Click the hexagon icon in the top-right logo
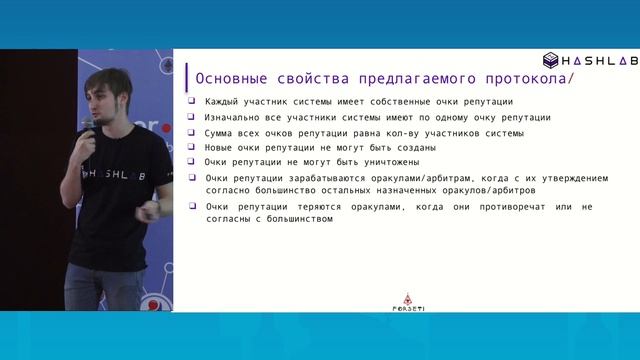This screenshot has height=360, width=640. pyautogui.click(x=551, y=60)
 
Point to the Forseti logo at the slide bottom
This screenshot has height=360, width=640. pyautogui.click(x=406, y=301)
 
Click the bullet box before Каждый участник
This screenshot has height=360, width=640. pyautogui.click(x=192, y=101)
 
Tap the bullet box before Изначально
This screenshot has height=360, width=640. pyautogui.click(x=192, y=117)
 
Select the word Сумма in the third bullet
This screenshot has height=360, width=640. pyautogui.click(x=220, y=132)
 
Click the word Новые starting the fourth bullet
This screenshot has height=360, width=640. pyautogui.click(x=220, y=147)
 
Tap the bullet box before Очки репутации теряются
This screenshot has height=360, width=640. pyautogui.click(x=192, y=206)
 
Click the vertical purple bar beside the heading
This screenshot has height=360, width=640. pyautogui.click(x=186, y=77)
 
